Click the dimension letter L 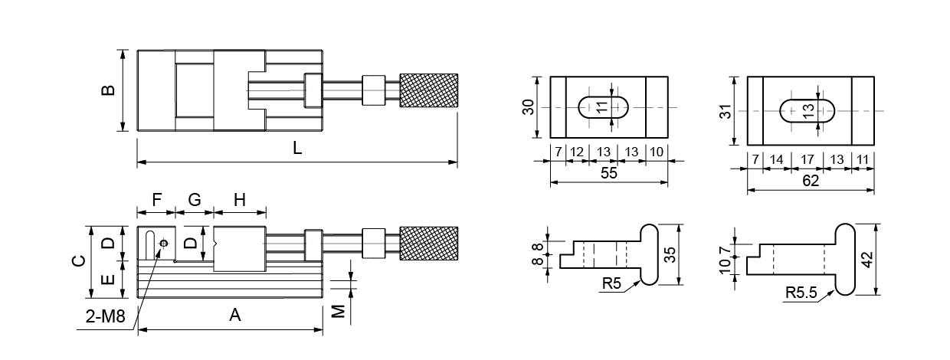tap(297, 148)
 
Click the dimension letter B tap(109, 90)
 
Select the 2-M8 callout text tap(106, 316)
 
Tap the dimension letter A tap(235, 315)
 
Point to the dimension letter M tap(338, 312)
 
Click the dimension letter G tap(195, 199)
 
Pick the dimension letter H tap(240, 199)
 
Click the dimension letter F tap(157, 199)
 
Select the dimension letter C tap(80, 260)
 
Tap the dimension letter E tap(109, 280)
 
